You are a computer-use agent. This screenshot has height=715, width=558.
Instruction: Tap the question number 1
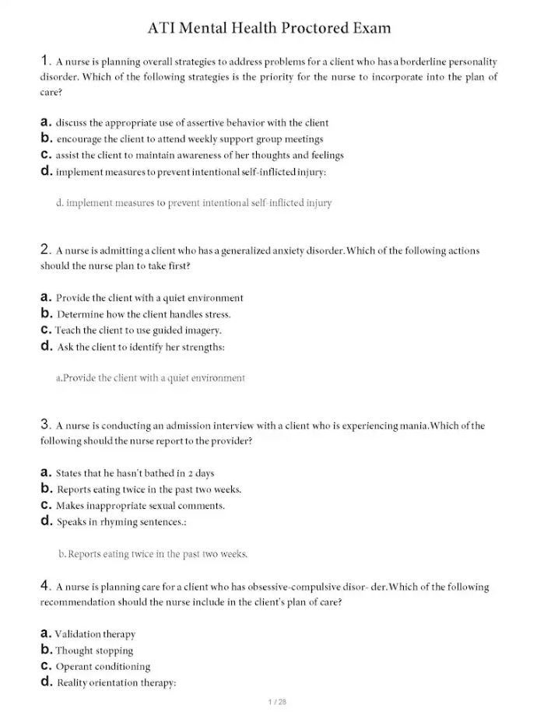[x=44, y=61]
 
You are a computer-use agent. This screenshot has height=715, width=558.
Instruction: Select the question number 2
[x=44, y=250]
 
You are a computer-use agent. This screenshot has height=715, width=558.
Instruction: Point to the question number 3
[x=44, y=425]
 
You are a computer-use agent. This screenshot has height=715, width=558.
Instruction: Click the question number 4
[x=44, y=586]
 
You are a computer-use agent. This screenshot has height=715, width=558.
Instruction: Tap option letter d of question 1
[x=45, y=170]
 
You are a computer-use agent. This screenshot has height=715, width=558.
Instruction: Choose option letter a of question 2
[x=45, y=297]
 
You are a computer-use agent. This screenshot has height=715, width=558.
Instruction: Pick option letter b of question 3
[x=45, y=489]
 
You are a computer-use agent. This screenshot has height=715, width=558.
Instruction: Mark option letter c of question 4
[x=45, y=666]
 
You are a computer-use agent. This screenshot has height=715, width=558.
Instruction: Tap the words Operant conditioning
[x=103, y=667]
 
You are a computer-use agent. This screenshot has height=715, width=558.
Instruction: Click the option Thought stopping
[x=94, y=650]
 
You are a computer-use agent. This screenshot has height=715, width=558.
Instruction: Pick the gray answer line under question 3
[x=153, y=554]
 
